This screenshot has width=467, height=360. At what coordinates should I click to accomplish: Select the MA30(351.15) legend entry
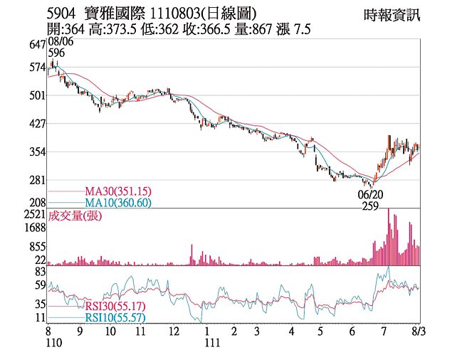tap(117, 191)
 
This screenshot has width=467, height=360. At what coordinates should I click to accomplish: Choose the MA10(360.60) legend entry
tap(117, 203)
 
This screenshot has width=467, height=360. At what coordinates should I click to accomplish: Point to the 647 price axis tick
tap(38, 45)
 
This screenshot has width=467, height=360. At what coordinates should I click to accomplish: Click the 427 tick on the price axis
tap(38, 124)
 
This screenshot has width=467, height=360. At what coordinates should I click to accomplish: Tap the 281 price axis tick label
tap(38, 181)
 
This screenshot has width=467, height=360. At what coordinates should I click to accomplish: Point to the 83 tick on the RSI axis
tap(41, 272)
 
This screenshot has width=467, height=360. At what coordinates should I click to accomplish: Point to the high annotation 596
tap(57, 53)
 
